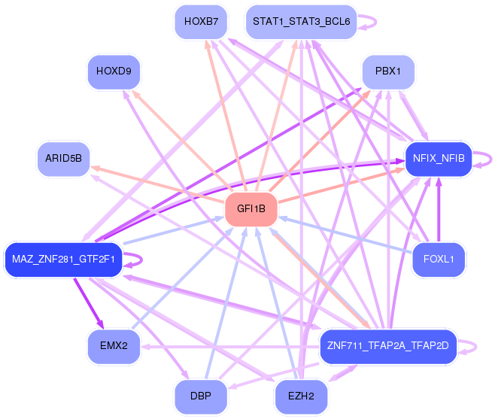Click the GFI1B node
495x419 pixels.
click(251, 209)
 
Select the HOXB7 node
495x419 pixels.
click(199, 22)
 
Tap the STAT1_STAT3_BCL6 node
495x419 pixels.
click(301, 22)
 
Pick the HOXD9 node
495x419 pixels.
click(114, 72)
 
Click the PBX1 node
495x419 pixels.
click(388, 72)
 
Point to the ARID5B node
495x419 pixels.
click(63, 159)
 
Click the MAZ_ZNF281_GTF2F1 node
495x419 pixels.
click(63, 260)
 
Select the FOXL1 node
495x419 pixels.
click(439, 260)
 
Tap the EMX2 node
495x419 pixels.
click(114, 347)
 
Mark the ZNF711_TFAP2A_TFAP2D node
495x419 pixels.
click(388, 347)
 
